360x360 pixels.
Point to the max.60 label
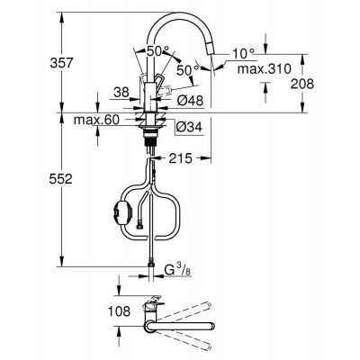(x=90, y=120)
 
